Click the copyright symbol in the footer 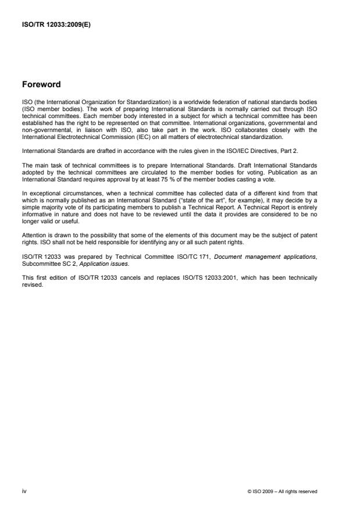tap(248, 491)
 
